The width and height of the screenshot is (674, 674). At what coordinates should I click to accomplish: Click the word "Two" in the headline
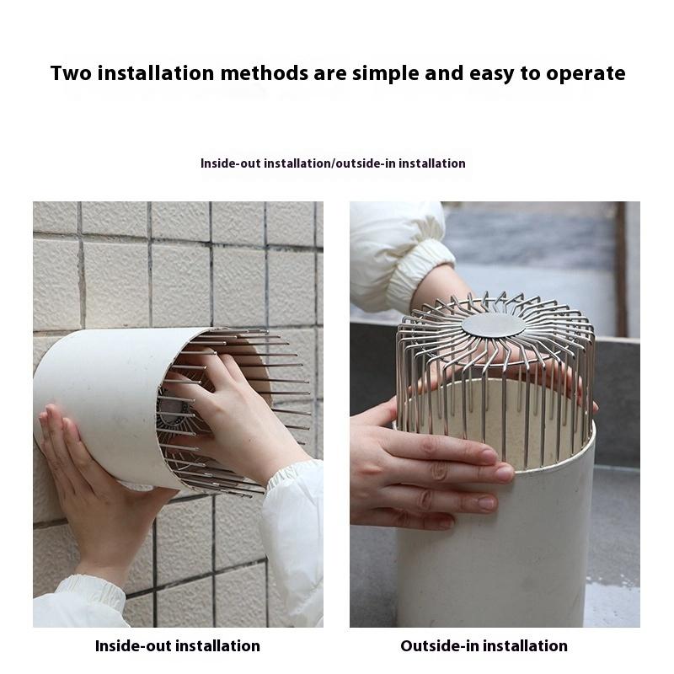tap(71, 73)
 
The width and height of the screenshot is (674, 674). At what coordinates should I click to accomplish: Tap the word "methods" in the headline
tap(264, 73)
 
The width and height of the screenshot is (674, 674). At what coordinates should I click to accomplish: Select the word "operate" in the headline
tap(586, 74)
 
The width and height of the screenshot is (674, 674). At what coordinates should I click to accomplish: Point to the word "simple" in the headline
tap(386, 74)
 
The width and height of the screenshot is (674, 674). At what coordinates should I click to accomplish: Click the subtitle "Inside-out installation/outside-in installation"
tap(333, 163)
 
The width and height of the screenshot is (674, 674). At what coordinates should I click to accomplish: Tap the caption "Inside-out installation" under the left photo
tap(178, 646)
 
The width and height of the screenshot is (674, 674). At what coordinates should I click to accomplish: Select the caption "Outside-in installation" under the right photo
tap(484, 646)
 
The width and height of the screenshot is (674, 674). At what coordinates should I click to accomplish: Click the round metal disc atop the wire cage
tap(493, 325)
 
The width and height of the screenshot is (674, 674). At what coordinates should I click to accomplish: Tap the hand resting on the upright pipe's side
tap(430, 468)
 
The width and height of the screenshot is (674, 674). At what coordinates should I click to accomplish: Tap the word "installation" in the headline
tap(156, 73)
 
